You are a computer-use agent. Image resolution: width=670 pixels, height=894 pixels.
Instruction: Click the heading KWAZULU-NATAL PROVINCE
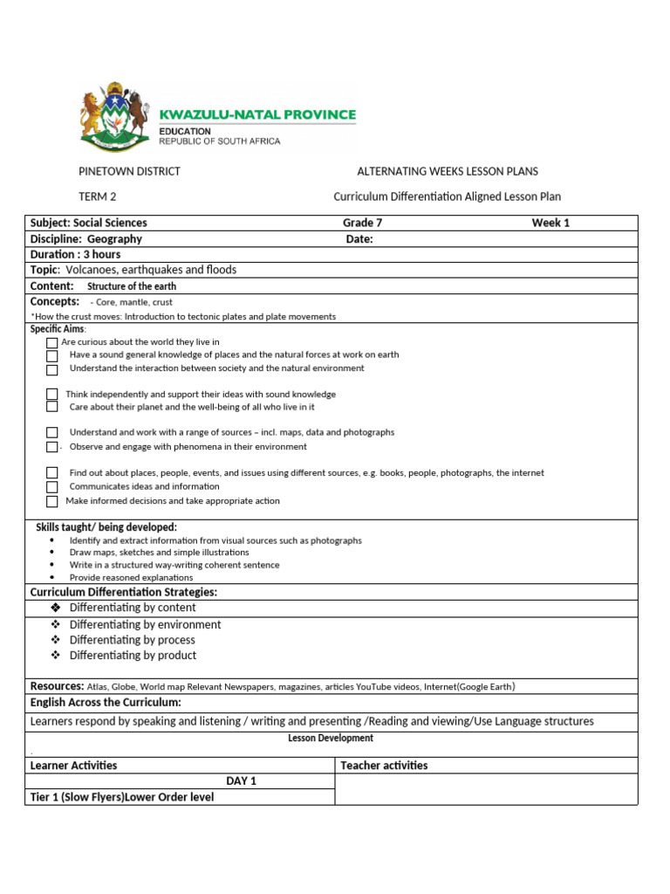tap(257, 114)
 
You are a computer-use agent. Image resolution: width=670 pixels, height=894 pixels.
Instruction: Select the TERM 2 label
tap(98, 197)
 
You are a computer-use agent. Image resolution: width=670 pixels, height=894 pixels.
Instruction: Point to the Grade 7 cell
tap(362, 223)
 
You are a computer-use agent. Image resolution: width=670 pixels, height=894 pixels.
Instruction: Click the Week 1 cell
tap(550, 223)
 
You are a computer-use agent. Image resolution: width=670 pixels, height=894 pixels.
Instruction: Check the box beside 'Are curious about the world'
tap(52, 343)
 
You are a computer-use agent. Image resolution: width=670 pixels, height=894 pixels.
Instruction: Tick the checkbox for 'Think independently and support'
tap(52, 395)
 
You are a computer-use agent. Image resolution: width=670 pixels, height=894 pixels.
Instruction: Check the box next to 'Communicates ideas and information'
tap(52, 487)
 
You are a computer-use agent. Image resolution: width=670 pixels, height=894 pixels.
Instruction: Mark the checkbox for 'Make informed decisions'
tap(52, 502)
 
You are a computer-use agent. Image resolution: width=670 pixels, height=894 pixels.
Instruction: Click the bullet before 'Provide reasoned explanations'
tap(53, 578)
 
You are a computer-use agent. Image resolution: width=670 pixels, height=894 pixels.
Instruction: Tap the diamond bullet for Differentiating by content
tap(56, 608)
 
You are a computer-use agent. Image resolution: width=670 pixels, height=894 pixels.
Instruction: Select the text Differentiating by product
tap(133, 655)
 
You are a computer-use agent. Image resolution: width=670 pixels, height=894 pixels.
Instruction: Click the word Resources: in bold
tap(57, 686)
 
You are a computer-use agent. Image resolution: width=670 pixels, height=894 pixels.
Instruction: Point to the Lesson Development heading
tap(331, 739)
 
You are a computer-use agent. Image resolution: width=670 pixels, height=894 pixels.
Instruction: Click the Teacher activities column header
tap(384, 766)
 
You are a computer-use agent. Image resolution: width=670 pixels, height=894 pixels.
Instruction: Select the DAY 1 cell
tap(241, 781)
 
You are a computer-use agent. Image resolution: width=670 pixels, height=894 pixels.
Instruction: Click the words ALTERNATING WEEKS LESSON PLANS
tap(448, 171)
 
